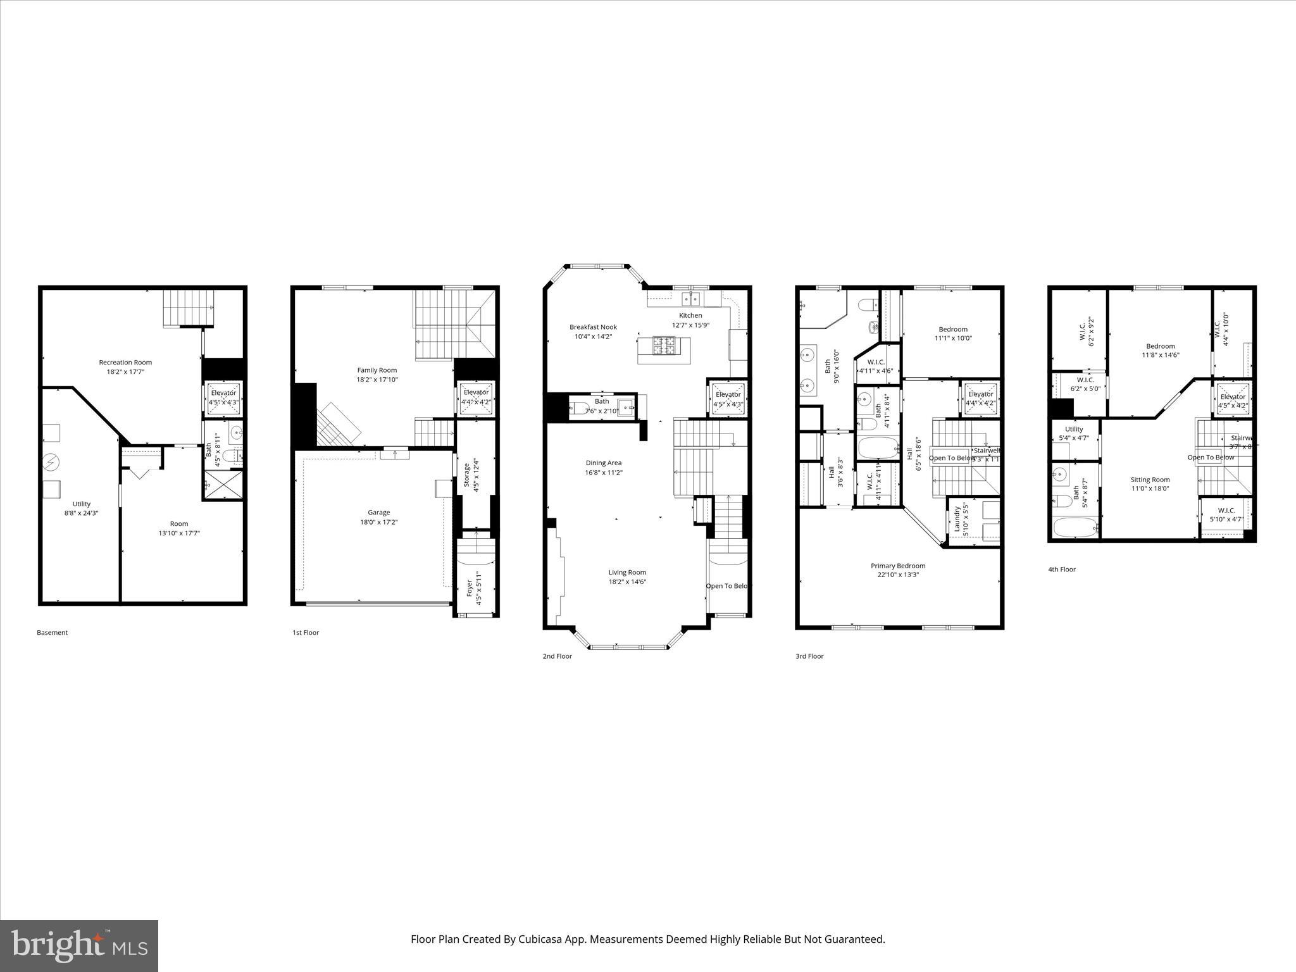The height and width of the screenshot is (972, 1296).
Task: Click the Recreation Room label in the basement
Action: [x=125, y=363]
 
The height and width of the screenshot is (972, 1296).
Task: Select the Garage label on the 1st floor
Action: [x=378, y=513]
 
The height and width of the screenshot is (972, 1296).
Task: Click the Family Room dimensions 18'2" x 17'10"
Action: [x=377, y=380]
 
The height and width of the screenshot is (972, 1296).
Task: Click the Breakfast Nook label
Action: [x=593, y=327]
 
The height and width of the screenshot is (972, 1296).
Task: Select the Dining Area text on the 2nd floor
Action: [x=603, y=463]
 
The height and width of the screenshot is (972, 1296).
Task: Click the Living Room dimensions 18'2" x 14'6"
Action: [x=627, y=582]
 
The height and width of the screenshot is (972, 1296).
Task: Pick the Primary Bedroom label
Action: [x=897, y=566]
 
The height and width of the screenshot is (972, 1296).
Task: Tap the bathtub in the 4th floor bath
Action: [x=1076, y=526]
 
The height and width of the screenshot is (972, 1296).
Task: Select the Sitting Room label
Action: [x=1150, y=480]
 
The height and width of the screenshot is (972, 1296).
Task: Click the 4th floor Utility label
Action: [x=1073, y=429]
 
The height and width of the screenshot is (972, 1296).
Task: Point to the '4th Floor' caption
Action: [x=1061, y=570]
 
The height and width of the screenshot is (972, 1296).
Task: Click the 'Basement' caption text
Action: [x=52, y=633]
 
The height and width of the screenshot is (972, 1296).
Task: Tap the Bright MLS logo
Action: [x=79, y=945]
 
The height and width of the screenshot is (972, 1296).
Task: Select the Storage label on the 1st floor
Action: [x=466, y=474]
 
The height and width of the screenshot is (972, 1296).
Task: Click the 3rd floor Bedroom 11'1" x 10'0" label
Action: [x=952, y=329]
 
